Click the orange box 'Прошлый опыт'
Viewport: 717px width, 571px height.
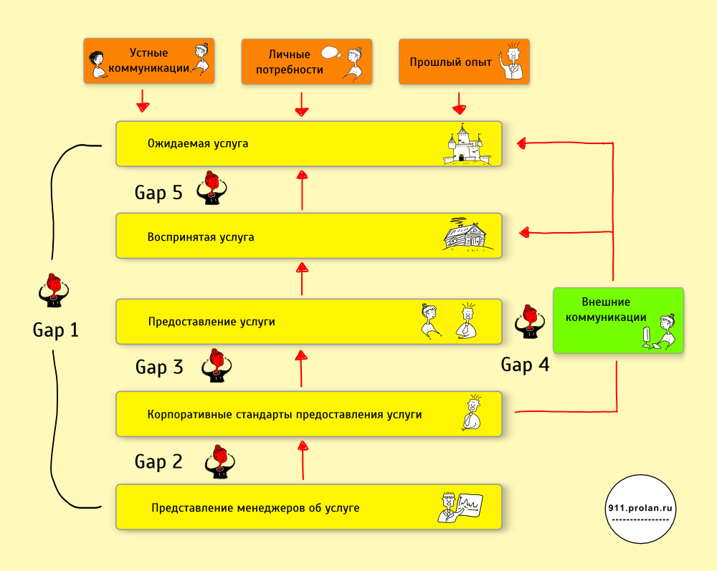[x=464, y=62]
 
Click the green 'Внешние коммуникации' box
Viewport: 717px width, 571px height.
[x=618, y=320]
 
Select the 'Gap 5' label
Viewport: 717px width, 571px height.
[x=158, y=192]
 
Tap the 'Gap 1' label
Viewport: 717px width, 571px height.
[x=56, y=330]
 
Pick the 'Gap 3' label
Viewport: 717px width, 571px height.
[x=159, y=368]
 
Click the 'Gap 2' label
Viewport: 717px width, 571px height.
[x=158, y=462]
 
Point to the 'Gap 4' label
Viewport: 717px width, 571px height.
[x=525, y=365]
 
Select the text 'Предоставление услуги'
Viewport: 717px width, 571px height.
[x=212, y=322]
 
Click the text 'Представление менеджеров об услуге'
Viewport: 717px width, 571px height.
[x=255, y=509]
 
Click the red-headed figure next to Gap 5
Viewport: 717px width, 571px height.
[x=212, y=188]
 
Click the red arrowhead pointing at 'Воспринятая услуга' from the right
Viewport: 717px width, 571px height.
[x=524, y=231]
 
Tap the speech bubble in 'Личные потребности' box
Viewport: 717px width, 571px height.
[x=331, y=52]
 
